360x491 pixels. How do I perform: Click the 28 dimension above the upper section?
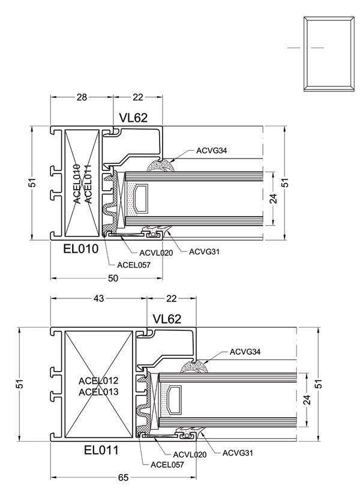pyautogui.click(x=82, y=97)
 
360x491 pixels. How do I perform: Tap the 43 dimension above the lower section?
pyautogui.click(x=98, y=299)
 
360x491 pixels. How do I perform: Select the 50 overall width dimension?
pyautogui.click(x=113, y=278)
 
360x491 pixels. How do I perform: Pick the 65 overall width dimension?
pyautogui.click(x=124, y=478)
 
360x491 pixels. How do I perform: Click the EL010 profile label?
pyautogui.click(x=81, y=249)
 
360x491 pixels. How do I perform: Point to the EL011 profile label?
pyautogui.click(x=101, y=450)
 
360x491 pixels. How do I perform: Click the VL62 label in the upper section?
pyautogui.click(x=133, y=118)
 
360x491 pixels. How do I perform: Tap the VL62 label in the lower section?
pyautogui.click(x=167, y=319)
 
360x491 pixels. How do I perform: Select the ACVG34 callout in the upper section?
pyautogui.click(x=212, y=151)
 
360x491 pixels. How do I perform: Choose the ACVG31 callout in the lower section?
pyautogui.click(x=238, y=453)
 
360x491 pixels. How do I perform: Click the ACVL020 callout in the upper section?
pyautogui.click(x=156, y=253)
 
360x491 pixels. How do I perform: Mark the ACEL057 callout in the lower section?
pyautogui.click(x=167, y=465)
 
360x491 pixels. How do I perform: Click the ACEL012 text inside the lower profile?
pyautogui.click(x=98, y=381)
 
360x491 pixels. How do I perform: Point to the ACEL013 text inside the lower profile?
pyautogui.click(x=98, y=392)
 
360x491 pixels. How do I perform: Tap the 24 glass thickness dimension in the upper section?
pyautogui.click(x=274, y=199)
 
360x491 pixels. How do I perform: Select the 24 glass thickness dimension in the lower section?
pyautogui.click(x=307, y=400)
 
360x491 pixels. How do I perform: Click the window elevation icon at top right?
pyautogui.click(x=329, y=54)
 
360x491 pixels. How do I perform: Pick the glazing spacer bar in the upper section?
pyautogui.click(x=140, y=199)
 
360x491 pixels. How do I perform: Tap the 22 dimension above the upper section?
pyautogui.click(x=138, y=97)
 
